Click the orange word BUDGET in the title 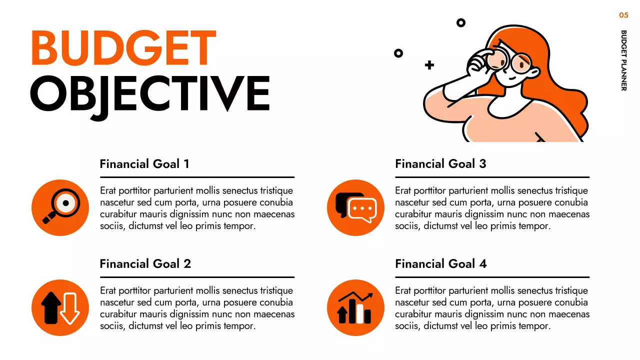click(x=123, y=48)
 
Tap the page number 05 click(x=623, y=15)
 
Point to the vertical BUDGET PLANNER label click(x=623, y=60)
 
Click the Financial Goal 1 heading click(x=144, y=164)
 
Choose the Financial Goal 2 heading click(x=145, y=264)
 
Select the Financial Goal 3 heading click(x=440, y=164)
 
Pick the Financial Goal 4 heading click(x=441, y=264)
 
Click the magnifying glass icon click(x=60, y=207)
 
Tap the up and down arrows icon click(x=60, y=307)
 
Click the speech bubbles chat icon click(x=355, y=207)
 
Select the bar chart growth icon click(x=355, y=307)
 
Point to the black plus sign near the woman click(x=429, y=65)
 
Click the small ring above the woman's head click(x=461, y=22)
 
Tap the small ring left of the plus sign click(x=398, y=53)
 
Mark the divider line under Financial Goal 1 click(x=197, y=177)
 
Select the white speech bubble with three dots click(x=362, y=210)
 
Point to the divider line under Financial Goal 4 click(x=492, y=277)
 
